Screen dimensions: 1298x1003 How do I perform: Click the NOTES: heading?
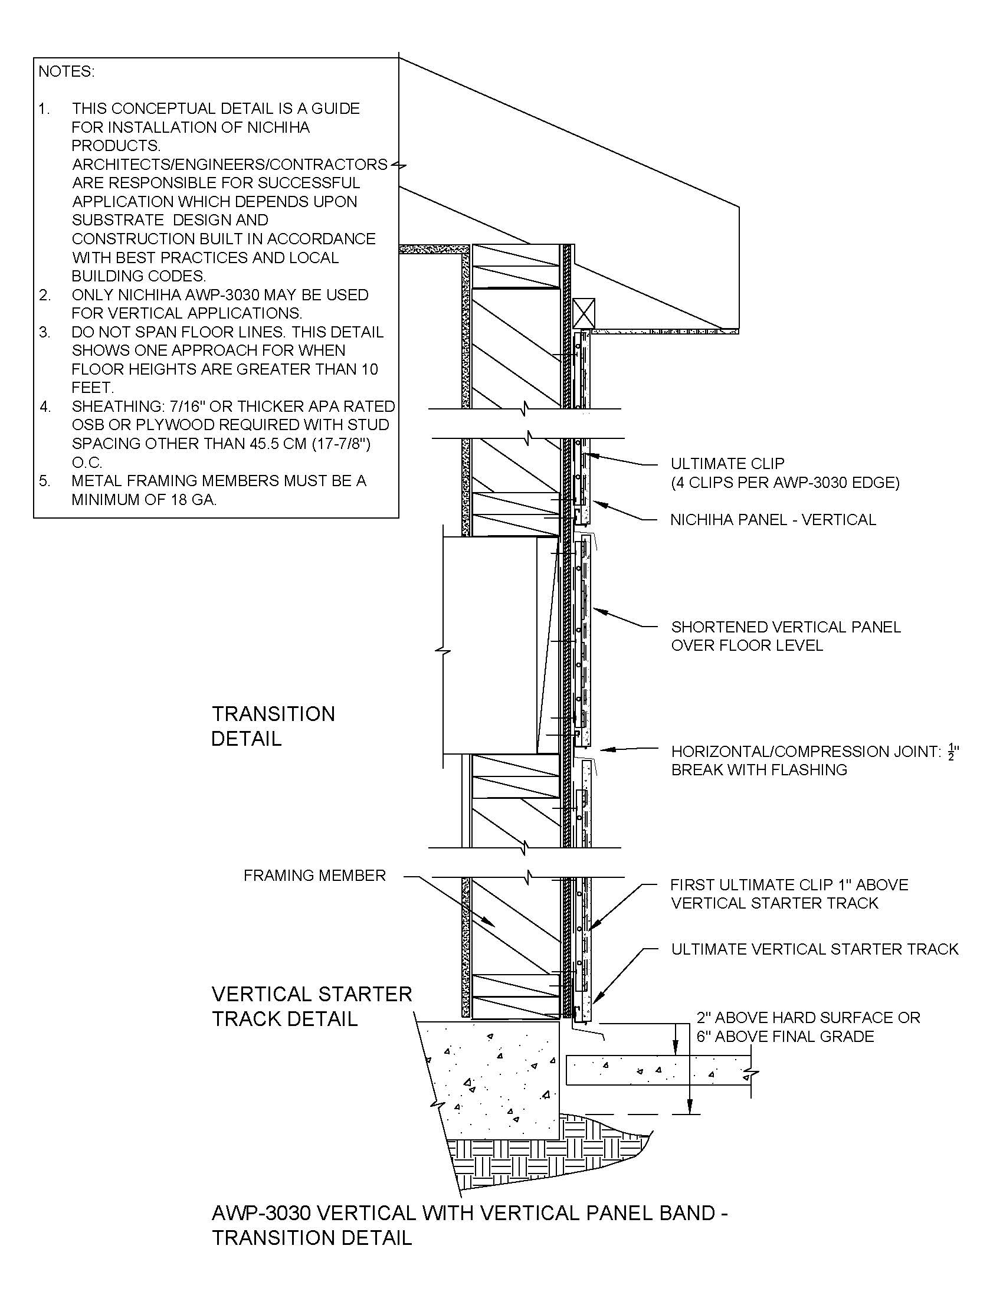67,72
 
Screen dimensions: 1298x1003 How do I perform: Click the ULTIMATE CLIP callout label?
727,464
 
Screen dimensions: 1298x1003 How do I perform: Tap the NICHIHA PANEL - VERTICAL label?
772,520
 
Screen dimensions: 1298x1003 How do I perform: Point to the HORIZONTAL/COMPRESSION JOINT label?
806,752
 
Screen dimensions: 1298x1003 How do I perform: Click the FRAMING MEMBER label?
314,876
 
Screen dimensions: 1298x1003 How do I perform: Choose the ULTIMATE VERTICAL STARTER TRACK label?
815,949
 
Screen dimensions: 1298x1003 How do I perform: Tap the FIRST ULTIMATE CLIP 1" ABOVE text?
789,885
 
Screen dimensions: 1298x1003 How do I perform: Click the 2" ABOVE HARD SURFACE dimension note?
808,1018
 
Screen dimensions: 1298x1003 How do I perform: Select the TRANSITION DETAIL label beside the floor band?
273,726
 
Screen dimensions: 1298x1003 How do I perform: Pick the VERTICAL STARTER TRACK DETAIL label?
312,1006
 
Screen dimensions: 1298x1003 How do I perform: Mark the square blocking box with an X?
584,313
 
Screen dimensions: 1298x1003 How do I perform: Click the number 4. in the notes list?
46,407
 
